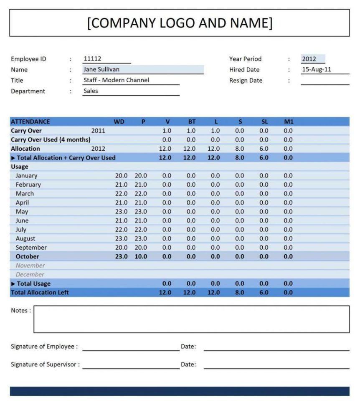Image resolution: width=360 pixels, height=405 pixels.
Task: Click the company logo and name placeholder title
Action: tap(180, 23)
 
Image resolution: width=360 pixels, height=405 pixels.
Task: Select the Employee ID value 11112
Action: tap(92, 59)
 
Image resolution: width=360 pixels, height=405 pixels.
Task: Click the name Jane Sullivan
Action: tap(101, 70)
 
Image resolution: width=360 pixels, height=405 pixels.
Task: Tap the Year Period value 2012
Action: tap(309, 59)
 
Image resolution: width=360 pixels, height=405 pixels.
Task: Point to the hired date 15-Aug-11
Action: tap(316, 70)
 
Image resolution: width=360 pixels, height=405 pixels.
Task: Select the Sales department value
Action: tap(91, 91)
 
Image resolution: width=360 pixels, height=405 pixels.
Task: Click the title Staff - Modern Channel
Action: tap(116, 80)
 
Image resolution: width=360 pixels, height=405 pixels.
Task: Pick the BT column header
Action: tap(192, 122)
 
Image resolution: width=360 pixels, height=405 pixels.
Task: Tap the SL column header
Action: tap(264, 122)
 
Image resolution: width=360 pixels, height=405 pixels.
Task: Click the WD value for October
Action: tap(121, 257)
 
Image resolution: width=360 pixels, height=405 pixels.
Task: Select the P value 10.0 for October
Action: tap(141, 257)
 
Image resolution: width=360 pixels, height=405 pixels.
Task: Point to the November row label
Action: tap(30, 266)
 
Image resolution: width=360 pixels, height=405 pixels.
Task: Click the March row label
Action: tap(25, 194)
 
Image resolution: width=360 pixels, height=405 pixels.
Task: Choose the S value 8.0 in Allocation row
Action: tap(239, 149)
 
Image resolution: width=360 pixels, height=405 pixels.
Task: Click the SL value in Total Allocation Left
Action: tap(264, 293)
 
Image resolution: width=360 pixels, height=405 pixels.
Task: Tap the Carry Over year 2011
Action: tap(98, 131)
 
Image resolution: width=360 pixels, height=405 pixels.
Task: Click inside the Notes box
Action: tap(191, 319)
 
